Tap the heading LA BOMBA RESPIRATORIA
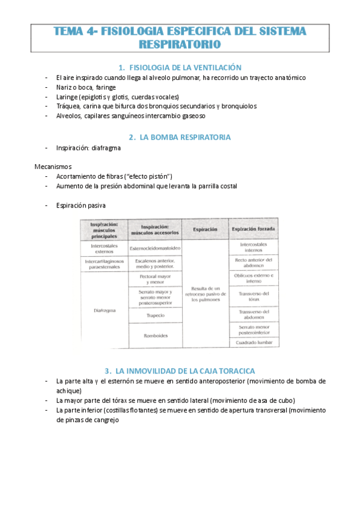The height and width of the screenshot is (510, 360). pyautogui.click(x=185, y=137)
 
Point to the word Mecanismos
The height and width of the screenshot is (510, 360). pyautogui.click(x=52, y=166)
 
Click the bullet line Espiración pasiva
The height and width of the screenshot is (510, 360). pyautogui.click(x=81, y=206)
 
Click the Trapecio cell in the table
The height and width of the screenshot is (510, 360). pyautogui.click(x=156, y=315)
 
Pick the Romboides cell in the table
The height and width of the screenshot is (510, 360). pyautogui.click(x=156, y=335)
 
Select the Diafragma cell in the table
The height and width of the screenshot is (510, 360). pyautogui.click(x=105, y=310)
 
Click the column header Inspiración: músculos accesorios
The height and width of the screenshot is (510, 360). pyautogui.click(x=156, y=229)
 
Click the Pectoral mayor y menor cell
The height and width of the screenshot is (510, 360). pyautogui.click(x=156, y=278)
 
